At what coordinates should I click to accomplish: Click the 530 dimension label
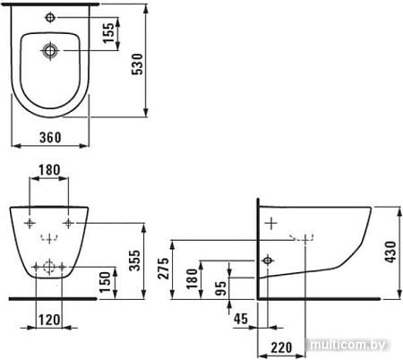pyautogui.click(x=138, y=64)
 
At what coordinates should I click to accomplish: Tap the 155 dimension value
pyautogui.click(x=108, y=33)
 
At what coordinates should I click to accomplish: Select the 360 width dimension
pyautogui.click(x=50, y=137)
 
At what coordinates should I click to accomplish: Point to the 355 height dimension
pyautogui.click(x=134, y=261)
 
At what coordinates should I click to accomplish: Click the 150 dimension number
pyautogui.click(x=105, y=282)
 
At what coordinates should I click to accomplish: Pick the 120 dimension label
pyautogui.click(x=49, y=320)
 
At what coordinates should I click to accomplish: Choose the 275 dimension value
pyautogui.click(x=163, y=269)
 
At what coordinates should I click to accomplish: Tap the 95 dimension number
pyautogui.click(x=220, y=288)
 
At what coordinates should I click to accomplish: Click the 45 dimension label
pyautogui.click(x=241, y=319)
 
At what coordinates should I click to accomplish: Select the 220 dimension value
pyautogui.click(x=281, y=347)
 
